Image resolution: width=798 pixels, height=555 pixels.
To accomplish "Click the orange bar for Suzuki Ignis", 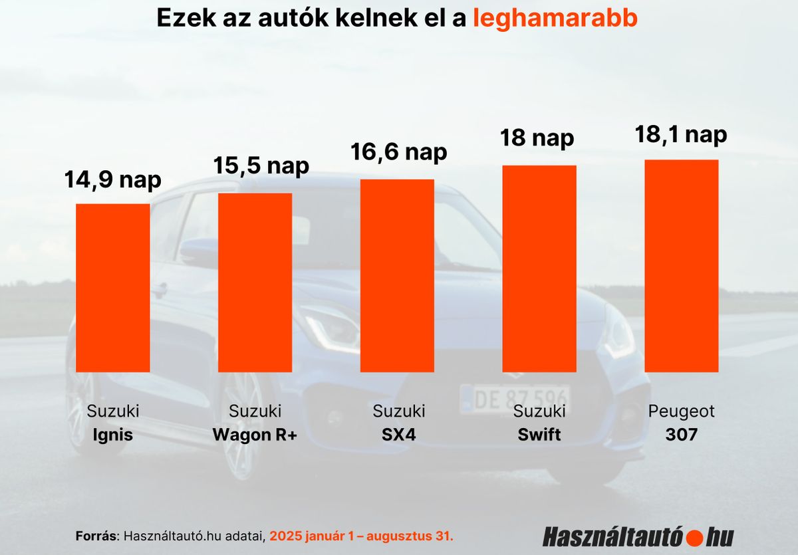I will [x=113, y=287].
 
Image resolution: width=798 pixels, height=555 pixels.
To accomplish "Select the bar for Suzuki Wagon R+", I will [x=255, y=282].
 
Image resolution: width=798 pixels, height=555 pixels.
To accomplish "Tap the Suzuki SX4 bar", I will [x=397, y=275].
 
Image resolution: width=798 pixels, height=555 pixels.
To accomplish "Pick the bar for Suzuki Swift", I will [x=539, y=268].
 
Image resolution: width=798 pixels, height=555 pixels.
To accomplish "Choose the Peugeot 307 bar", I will [x=682, y=265].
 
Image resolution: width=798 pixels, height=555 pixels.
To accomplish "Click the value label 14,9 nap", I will [x=113, y=179].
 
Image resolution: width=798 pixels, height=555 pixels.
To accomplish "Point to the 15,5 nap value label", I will [x=261, y=166].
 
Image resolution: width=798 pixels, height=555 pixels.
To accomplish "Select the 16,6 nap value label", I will [x=399, y=152].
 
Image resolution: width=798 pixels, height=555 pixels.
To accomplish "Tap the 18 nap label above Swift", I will [x=537, y=138].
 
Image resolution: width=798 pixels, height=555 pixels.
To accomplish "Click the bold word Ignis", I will [x=113, y=435].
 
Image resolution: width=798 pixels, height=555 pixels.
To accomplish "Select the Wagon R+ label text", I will [x=255, y=435].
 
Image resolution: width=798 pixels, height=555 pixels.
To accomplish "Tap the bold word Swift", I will [x=539, y=435].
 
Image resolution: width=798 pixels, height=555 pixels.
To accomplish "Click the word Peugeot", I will [x=682, y=411].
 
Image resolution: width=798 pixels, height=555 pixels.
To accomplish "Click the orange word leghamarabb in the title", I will [x=555, y=19].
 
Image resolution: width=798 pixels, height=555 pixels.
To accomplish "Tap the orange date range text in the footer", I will [x=361, y=536].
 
